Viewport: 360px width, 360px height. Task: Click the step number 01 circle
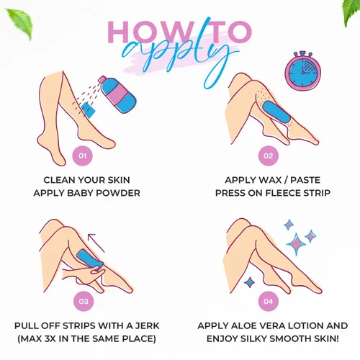(82, 156)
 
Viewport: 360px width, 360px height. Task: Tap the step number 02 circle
(268, 156)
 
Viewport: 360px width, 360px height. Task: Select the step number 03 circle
(84, 301)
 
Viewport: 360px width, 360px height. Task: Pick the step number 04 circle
(268, 301)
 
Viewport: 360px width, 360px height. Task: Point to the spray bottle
(117, 94)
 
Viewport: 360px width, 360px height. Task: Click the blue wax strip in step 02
(276, 112)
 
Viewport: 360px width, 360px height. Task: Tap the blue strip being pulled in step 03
(90, 259)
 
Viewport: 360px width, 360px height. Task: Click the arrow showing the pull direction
(96, 243)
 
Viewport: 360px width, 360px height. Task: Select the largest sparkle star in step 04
(296, 244)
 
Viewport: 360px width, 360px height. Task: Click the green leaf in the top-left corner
(20, 23)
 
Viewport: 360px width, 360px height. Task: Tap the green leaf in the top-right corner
(351, 12)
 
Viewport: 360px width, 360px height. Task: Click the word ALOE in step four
(242, 325)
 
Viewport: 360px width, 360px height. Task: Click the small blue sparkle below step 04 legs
(250, 282)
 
